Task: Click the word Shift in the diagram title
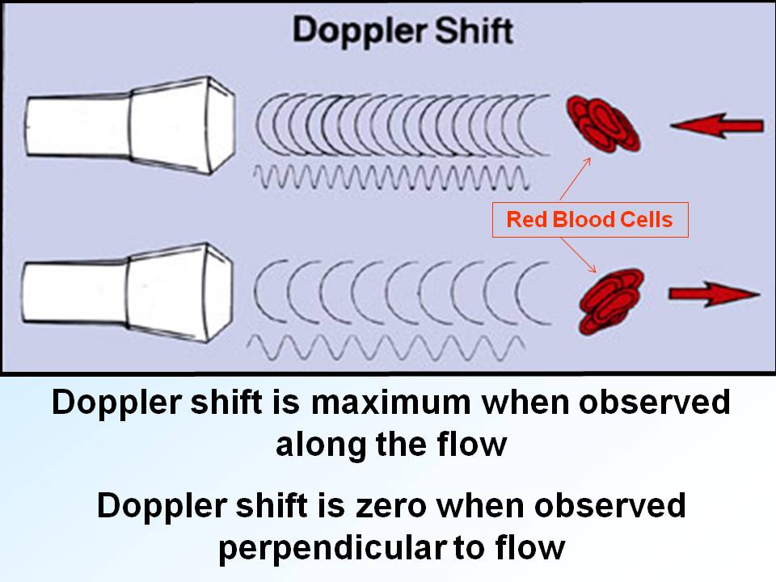pos(472,31)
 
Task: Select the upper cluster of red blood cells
pos(603,123)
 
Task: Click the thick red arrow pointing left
pos(717,126)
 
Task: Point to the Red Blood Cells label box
pos(589,219)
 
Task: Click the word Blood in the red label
pos(590,219)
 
